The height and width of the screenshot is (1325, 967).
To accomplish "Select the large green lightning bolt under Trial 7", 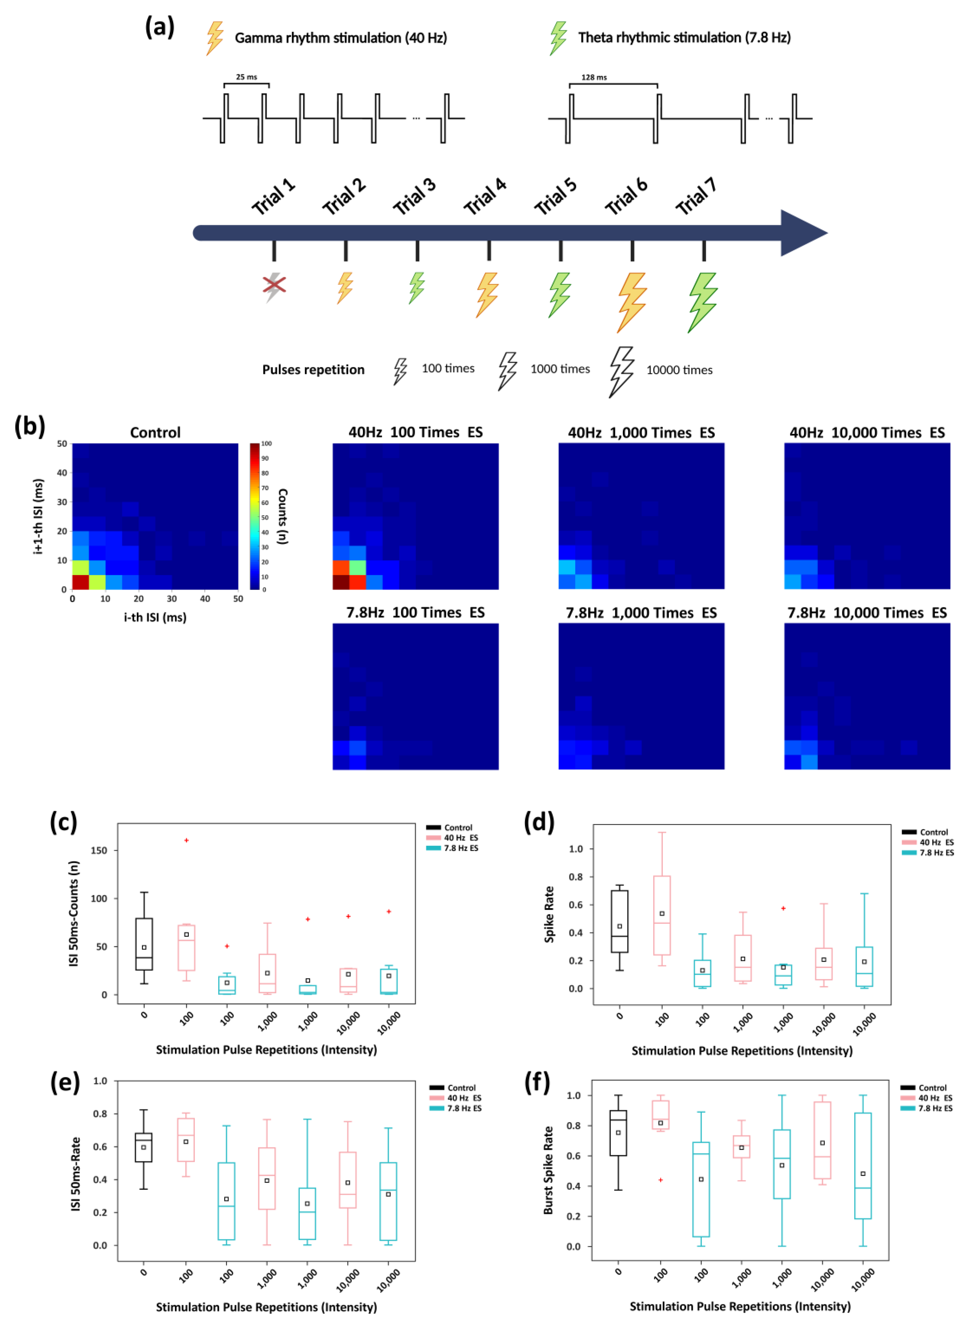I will pos(703,302).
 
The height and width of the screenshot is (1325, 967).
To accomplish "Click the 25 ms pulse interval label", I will pos(247,77).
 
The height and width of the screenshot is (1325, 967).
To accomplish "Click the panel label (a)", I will pos(159,27).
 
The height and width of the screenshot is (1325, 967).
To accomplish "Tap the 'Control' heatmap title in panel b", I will pos(155,433).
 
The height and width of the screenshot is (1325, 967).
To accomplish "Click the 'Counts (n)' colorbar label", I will pos(283,516).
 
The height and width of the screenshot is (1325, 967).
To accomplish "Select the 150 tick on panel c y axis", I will pos(99,850).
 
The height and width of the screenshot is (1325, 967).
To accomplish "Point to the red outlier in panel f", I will pos(661,1180).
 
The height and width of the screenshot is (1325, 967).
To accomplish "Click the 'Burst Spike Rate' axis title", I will pos(548,1171).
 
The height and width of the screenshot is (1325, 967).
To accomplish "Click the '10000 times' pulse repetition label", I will pos(679,370).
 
